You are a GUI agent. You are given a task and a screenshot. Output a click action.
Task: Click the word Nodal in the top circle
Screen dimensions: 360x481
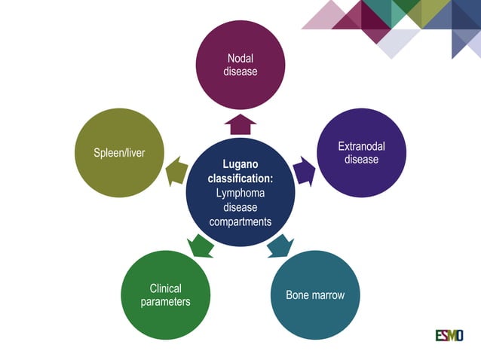click(x=240, y=59)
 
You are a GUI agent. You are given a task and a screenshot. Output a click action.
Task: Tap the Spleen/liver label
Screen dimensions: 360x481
click(x=119, y=153)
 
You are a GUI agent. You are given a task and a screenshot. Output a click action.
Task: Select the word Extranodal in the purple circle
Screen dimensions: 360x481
click(x=361, y=146)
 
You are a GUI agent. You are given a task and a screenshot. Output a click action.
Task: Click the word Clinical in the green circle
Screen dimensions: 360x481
click(x=165, y=288)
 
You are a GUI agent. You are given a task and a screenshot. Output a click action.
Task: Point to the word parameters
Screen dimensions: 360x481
click(x=165, y=302)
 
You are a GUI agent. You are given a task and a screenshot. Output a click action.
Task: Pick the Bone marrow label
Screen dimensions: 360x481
click(x=315, y=294)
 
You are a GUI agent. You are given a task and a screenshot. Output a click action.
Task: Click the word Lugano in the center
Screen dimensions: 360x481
click(x=240, y=164)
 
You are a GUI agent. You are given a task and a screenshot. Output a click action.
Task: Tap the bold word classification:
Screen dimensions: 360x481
click(x=240, y=178)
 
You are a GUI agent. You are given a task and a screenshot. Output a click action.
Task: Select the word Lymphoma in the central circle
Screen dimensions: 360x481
click(x=240, y=193)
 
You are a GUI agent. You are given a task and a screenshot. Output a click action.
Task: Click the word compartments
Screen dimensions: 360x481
click(x=240, y=221)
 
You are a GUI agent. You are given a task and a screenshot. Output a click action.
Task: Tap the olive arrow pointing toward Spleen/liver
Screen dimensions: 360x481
click(x=176, y=171)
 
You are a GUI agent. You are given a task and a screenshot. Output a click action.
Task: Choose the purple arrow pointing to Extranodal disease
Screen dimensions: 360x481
click(x=304, y=170)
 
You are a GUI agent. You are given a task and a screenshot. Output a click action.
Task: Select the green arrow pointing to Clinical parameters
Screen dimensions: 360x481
click(x=201, y=245)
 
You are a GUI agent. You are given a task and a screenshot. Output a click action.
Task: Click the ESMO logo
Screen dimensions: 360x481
click(x=449, y=334)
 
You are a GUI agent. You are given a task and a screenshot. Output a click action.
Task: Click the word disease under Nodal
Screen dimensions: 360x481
click(x=240, y=72)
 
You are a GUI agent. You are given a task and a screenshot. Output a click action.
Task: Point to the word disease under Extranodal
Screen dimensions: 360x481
click(x=361, y=160)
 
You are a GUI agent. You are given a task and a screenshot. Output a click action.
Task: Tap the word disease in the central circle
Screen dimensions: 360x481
click(x=240, y=207)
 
